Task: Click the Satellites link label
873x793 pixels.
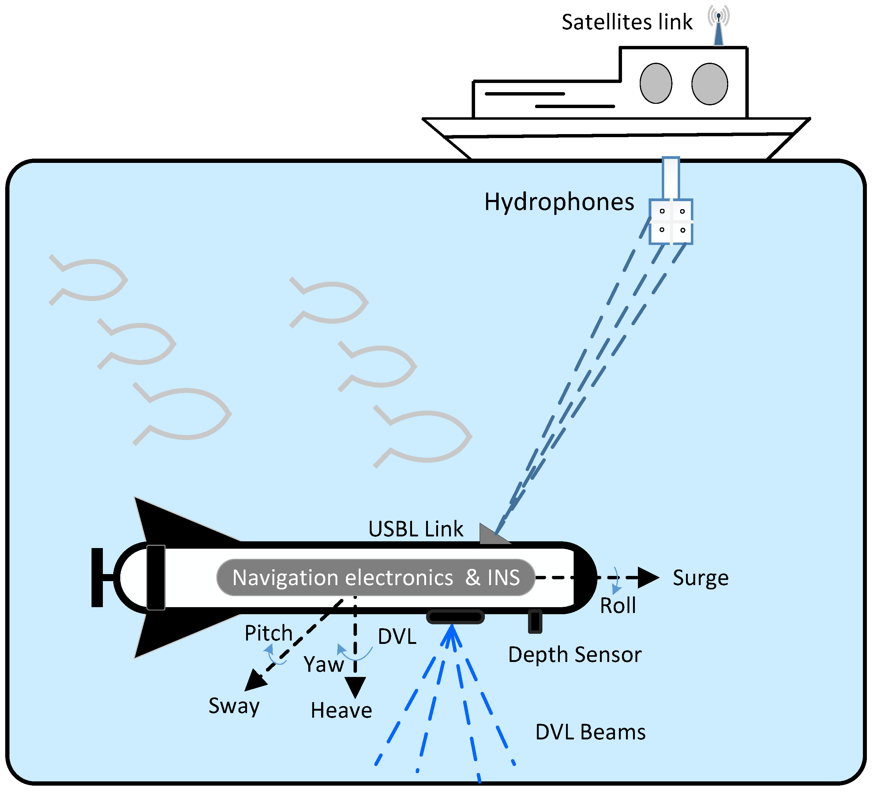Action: coord(627,23)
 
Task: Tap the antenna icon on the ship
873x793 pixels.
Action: coord(718,28)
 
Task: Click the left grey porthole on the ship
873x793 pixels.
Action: coord(656,83)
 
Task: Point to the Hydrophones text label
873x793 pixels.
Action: coord(559,202)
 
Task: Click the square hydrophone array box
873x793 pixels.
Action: coord(671,222)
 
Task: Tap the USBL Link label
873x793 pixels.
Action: coord(415,529)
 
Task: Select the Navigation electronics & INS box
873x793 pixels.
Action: coord(376,577)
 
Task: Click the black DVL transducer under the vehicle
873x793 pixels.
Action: coord(455,617)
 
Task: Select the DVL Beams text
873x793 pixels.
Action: coord(590,732)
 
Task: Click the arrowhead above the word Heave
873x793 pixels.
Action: coord(355,686)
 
